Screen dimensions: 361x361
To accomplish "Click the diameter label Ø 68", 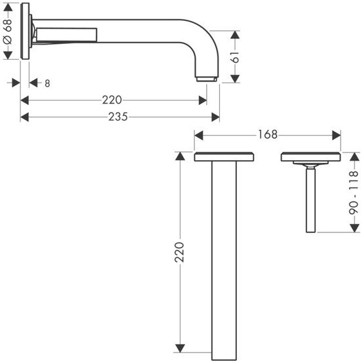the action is pos(7,32).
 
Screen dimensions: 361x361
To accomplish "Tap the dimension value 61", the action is pos(235,57).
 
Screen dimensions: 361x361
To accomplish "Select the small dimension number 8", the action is pos(47,83).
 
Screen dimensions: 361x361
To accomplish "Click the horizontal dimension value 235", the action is pos(118,117).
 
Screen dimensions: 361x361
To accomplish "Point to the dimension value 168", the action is pos(268,135).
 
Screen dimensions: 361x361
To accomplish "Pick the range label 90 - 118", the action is pos(354,192).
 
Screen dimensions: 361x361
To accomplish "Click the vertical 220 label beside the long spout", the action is pos(179,252).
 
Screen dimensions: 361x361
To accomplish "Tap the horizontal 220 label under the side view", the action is pos(112,100).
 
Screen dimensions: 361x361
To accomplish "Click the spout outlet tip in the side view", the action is pos(207,79).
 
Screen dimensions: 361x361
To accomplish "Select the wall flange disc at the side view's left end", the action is pos(25,31).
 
